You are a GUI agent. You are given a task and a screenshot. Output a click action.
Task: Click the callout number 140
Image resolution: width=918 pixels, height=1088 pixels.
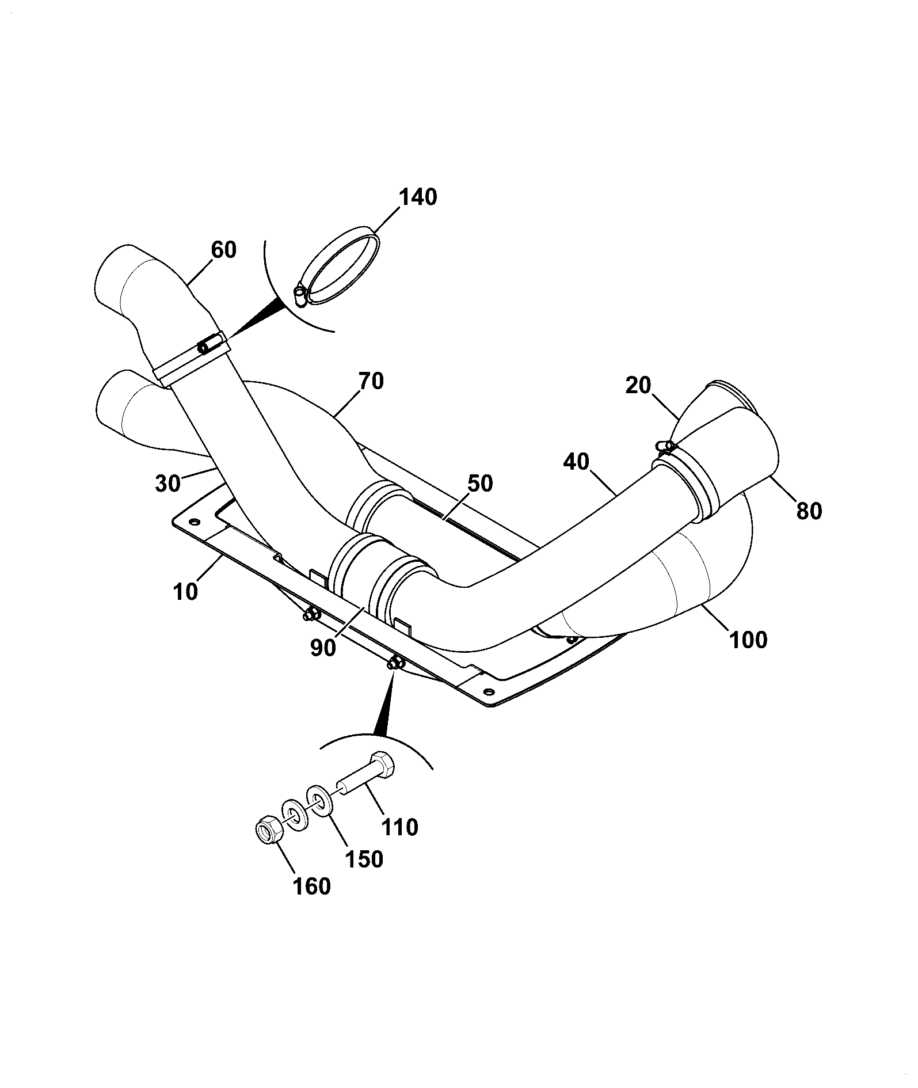point(418,197)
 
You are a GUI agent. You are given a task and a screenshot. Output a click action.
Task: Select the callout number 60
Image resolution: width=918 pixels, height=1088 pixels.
point(224,250)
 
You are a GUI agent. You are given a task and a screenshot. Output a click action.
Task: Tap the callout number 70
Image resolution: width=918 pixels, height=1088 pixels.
point(371,381)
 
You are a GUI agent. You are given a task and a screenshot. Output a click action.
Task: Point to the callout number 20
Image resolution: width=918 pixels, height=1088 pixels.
point(639,385)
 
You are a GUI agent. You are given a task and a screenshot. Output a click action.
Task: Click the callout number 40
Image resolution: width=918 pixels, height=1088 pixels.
point(577,462)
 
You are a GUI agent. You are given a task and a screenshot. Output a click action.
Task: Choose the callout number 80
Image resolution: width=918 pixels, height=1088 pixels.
point(809,510)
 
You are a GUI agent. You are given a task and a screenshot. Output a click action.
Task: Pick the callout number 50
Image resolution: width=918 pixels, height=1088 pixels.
point(480,484)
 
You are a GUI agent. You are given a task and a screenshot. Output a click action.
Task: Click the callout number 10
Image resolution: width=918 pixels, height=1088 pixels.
point(185,591)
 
